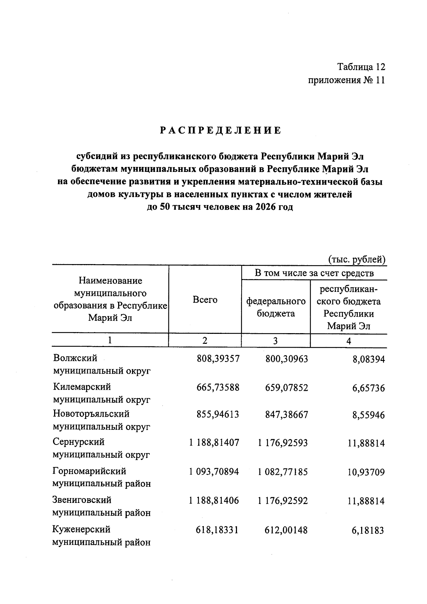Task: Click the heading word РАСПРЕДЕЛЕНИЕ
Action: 220,130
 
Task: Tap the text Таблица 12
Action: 361,67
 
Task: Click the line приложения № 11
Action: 346,80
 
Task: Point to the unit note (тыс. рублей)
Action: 357,260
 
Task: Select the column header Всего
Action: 205,300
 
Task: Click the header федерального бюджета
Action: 276,307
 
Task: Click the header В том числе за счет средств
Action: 314,273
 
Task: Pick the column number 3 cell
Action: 275,341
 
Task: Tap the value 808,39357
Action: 218,359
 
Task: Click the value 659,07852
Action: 286,388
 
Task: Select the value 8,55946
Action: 369,415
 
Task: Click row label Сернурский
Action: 79,442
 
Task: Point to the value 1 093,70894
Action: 214,472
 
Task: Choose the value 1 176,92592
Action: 283,501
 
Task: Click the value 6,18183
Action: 368,531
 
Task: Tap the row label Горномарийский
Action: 89,471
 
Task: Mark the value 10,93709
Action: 366,472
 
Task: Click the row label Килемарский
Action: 82,387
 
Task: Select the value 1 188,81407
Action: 214,443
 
